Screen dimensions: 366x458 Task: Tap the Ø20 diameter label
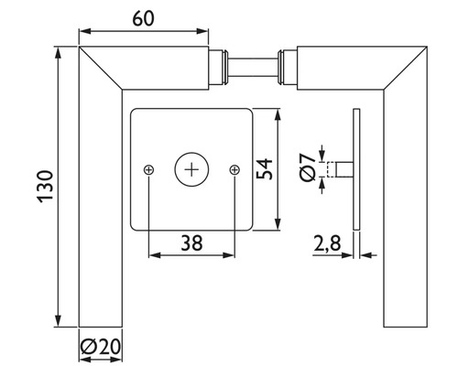(100, 347)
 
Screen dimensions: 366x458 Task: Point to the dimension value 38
(191, 243)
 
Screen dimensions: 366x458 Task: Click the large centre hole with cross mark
(191, 168)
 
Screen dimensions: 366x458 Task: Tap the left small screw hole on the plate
(148, 169)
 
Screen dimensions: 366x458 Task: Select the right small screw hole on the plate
(234, 169)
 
